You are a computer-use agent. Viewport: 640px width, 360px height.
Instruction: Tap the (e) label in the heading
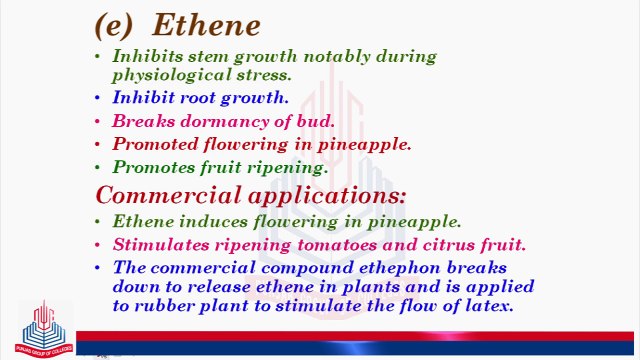pos(117,24)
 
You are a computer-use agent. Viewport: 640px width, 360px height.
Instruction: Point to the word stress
pos(265,75)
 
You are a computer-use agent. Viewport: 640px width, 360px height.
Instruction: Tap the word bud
pos(316,121)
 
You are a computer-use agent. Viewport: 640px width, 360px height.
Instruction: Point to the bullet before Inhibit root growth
pos(97,98)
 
